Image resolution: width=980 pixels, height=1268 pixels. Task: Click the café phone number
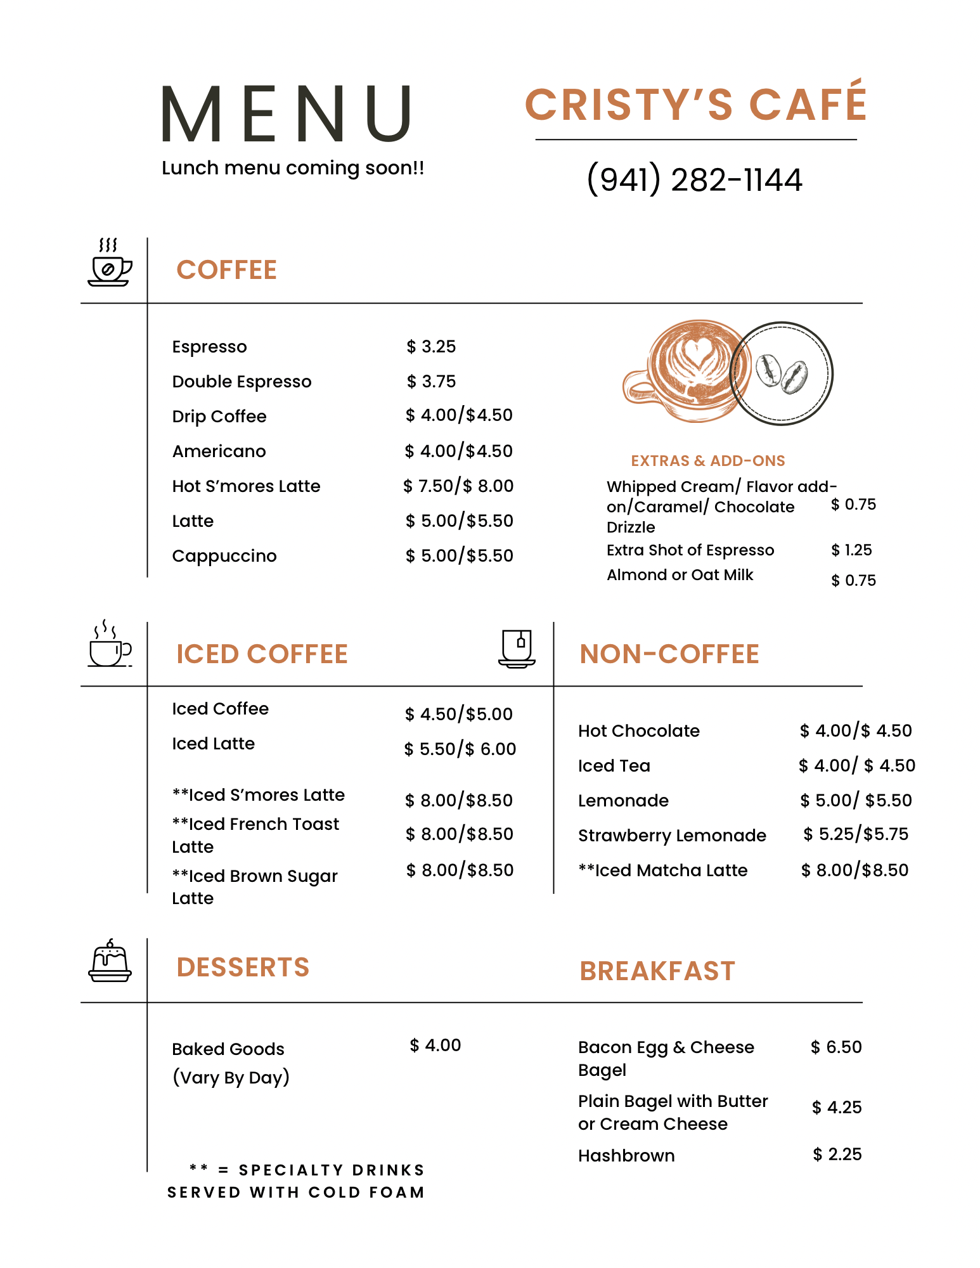tap(694, 179)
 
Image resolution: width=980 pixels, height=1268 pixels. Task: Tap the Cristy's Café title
tap(695, 104)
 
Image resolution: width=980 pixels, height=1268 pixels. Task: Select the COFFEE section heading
tap(226, 270)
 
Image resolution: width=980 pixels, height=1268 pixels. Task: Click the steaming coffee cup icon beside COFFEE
tap(110, 263)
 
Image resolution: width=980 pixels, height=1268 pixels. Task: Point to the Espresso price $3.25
tap(431, 347)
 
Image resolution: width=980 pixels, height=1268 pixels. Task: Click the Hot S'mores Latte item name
tap(246, 486)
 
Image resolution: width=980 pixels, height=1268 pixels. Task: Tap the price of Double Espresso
tap(431, 382)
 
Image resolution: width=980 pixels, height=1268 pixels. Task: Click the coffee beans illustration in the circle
tap(782, 373)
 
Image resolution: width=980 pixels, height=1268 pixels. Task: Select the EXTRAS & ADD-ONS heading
tap(707, 461)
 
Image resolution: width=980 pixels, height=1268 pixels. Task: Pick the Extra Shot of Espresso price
tap(851, 550)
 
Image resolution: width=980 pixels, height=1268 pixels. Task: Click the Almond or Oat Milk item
tap(680, 575)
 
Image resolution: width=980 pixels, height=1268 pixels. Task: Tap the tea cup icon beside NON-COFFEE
tap(517, 649)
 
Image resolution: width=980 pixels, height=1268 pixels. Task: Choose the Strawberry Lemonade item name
tap(672, 836)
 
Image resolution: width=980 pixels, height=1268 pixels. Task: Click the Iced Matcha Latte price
tap(854, 870)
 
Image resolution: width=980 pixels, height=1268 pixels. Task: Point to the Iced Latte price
tap(460, 749)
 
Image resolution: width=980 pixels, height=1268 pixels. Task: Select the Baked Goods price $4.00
tap(435, 1045)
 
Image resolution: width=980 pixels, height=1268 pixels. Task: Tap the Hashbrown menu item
tap(626, 1156)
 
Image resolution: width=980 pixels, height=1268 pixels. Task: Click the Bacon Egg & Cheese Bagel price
tap(836, 1047)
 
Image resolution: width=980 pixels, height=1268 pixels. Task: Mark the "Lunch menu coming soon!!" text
tap(293, 168)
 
